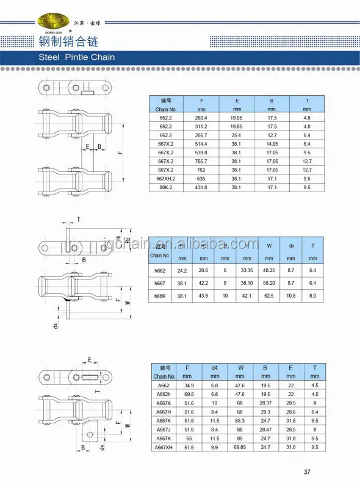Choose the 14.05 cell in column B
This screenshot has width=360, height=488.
(x=272, y=144)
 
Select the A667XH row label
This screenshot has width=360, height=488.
(x=164, y=448)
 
